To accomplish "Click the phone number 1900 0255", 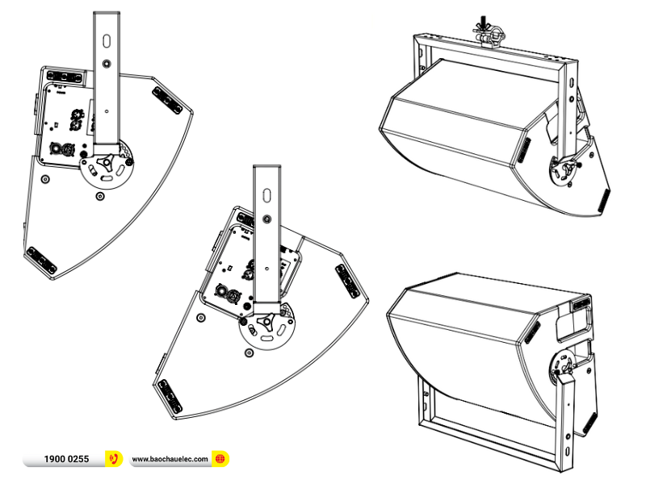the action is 66,459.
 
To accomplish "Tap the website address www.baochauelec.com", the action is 170,459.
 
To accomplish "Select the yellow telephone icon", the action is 114,458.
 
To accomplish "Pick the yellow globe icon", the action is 220,458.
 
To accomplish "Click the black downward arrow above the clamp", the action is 483,22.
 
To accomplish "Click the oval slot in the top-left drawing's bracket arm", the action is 107,41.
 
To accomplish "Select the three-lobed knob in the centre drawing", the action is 266,320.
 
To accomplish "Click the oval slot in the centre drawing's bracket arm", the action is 267,194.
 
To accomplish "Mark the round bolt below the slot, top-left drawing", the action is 107,64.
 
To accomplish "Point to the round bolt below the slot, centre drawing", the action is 267,219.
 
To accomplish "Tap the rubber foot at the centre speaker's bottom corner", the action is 170,396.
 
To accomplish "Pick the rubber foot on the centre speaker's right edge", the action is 347,281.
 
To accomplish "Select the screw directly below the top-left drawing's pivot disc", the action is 99,196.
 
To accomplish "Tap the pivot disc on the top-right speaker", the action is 564,170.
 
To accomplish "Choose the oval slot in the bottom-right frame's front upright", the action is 567,452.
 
